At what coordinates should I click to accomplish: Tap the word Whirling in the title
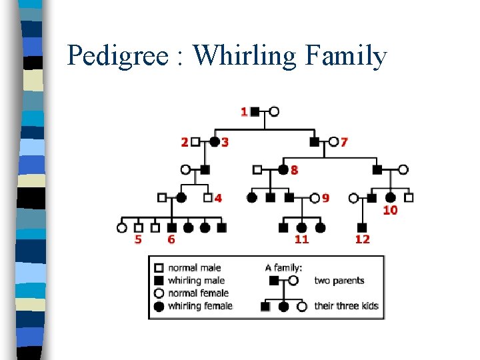244,57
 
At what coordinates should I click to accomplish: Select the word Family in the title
345,57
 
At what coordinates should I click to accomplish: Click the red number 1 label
244,112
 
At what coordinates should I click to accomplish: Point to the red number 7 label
344,141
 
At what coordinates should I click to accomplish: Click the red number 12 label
362,239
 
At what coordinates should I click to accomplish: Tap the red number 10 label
390,210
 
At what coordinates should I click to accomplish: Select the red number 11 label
301,239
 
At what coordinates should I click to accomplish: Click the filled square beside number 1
255,111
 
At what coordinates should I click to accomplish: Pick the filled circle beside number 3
215,141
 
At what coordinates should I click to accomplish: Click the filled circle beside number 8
283,169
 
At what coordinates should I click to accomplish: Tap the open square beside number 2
195,141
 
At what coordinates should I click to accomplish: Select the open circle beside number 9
315,197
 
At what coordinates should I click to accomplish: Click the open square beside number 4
207,197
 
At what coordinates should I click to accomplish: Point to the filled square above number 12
363,227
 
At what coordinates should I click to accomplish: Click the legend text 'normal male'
194,268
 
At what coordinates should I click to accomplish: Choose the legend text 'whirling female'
200,306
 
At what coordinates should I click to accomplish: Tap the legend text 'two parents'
339,281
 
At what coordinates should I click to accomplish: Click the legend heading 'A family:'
283,268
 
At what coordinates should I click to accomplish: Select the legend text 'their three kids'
346,306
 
